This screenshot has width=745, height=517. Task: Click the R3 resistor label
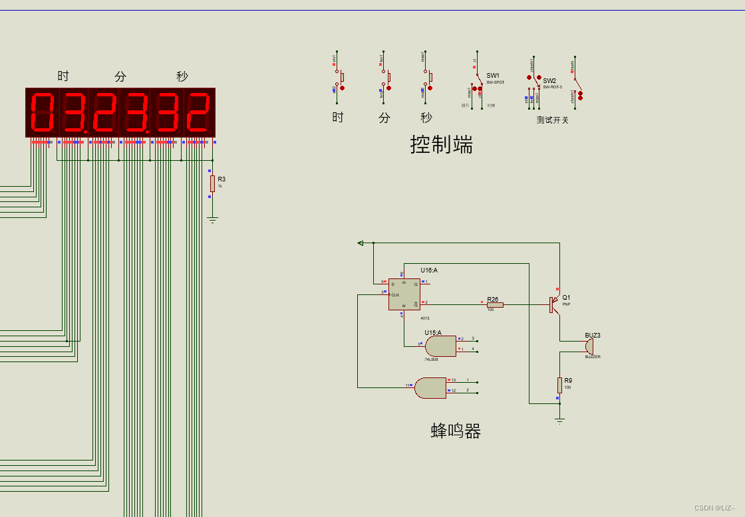click(x=222, y=179)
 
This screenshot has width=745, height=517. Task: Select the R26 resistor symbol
click(x=494, y=305)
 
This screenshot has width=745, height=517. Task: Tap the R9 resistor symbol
click(x=559, y=385)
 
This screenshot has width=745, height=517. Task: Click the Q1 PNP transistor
click(x=555, y=305)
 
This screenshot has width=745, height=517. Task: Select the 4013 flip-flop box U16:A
click(x=404, y=294)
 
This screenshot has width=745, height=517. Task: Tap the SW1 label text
click(x=493, y=76)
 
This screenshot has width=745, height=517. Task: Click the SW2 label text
click(x=549, y=81)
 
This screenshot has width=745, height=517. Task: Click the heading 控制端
click(x=442, y=144)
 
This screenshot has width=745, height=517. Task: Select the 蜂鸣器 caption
click(x=456, y=431)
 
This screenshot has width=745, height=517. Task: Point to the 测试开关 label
click(x=553, y=120)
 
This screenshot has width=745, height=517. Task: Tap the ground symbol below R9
click(x=559, y=420)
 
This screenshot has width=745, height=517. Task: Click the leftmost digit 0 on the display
click(x=43, y=112)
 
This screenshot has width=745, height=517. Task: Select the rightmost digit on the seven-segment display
click(x=198, y=112)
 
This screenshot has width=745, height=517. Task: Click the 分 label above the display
click(x=120, y=76)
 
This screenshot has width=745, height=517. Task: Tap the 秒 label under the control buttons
click(x=426, y=118)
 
